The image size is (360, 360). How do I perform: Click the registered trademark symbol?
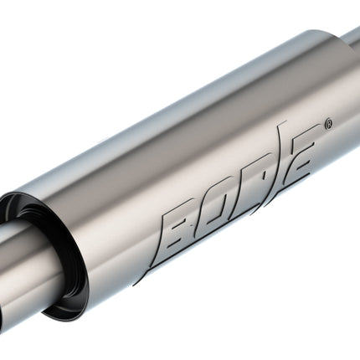tap(329, 124)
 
